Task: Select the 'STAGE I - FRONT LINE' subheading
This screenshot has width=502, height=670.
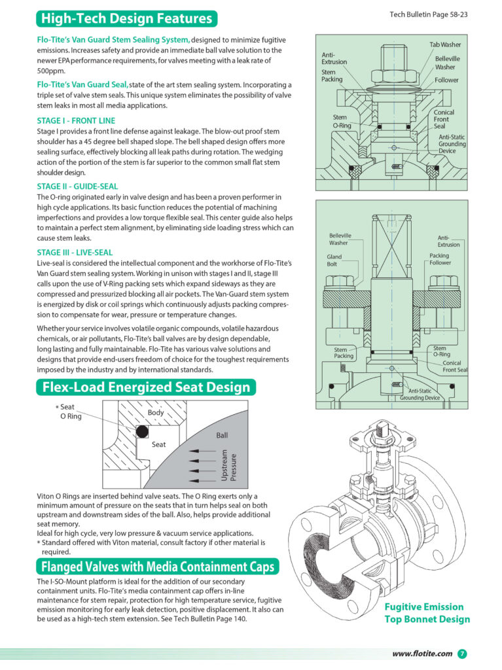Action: pyautogui.click(x=76, y=120)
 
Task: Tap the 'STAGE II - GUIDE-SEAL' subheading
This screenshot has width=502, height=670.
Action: pyautogui.click(x=77, y=186)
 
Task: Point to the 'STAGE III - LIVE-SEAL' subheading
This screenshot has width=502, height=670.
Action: pyautogui.click(x=75, y=252)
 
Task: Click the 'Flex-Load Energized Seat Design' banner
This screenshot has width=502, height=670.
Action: pyautogui.click(x=146, y=387)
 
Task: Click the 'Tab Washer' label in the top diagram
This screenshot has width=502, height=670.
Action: pyautogui.click(x=444, y=44)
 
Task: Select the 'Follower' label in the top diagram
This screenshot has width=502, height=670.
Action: pyautogui.click(x=446, y=80)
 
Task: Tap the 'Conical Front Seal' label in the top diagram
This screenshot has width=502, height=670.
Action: pyautogui.click(x=444, y=119)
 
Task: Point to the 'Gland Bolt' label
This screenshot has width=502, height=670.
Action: pyautogui.click(x=334, y=260)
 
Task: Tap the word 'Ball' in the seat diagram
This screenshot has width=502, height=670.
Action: pyautogui.click(x=223, y=434)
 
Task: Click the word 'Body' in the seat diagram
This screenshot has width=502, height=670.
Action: pyautogui.click(x=156, y=413)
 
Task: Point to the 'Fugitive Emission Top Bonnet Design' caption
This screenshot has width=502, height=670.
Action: pyautogui.click(x=427, y=613)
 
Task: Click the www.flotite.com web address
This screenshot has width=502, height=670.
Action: pyautogui.click(x=422, y=654)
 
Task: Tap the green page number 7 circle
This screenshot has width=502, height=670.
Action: pyautogui.click(x=462, y=654)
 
